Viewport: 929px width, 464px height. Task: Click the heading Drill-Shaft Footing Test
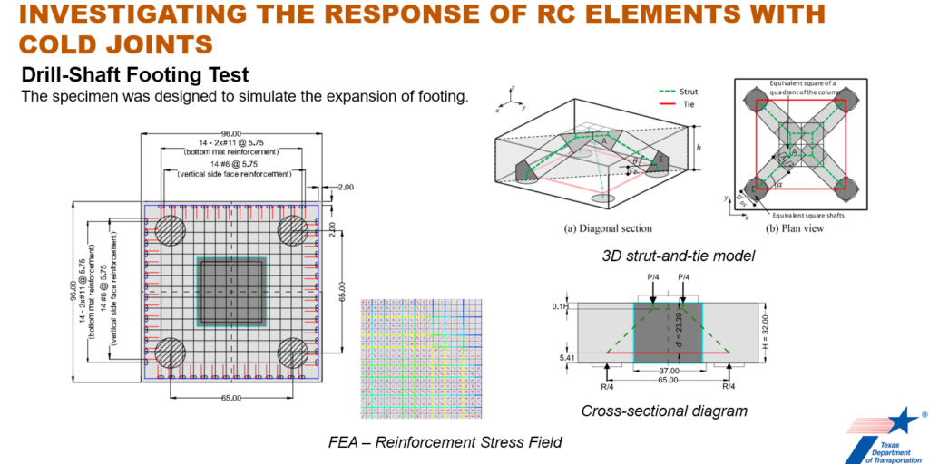(135, 75)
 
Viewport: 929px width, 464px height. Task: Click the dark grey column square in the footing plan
(232, 292)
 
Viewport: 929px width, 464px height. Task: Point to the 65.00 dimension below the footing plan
(231, 398)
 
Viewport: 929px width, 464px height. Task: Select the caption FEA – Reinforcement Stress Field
(445, 442)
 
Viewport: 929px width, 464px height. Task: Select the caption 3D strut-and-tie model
(679, 256)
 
